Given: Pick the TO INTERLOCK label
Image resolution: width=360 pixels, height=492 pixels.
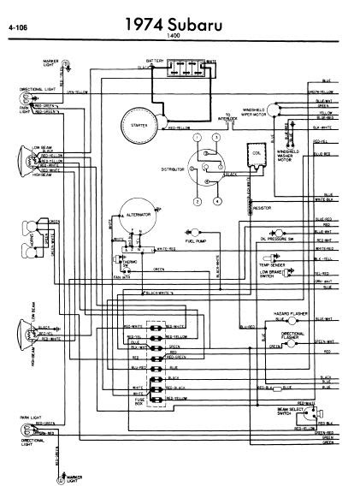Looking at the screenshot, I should pyautogui.click(x=228, y=118).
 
